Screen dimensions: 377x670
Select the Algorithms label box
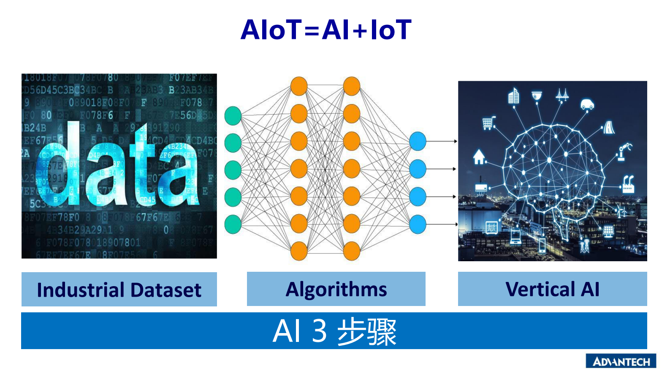coord(336,289)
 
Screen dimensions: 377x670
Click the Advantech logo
coord(621,361)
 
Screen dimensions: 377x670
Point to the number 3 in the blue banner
coord(320,331)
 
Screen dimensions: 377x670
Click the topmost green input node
coord(233,116)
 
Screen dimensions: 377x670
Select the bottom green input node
coord(233,224)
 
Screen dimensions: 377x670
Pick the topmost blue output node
coord(418,141)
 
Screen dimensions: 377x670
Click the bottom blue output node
coord(418,224)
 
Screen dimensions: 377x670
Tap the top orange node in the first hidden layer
coord(299,86)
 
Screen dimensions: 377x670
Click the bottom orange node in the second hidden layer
coord(351,251)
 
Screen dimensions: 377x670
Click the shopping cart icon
coord(488,123)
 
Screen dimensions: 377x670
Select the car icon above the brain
coord(587,104)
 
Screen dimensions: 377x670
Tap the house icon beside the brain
coord(479,157)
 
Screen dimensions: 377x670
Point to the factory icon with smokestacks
coord(628,184)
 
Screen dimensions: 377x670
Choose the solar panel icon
coord(608,231)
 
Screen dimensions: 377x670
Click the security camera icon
coord(537,96)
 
